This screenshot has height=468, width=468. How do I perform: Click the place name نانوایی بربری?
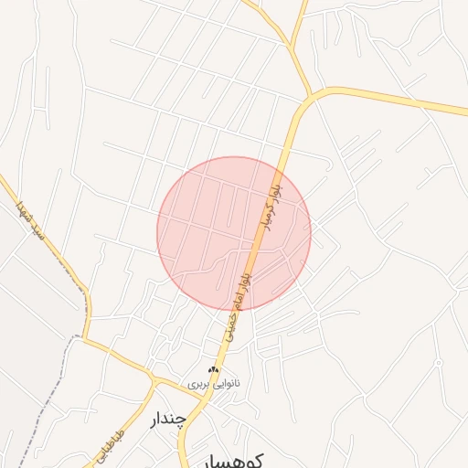213,385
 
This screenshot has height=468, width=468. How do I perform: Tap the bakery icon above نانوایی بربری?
214,369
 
